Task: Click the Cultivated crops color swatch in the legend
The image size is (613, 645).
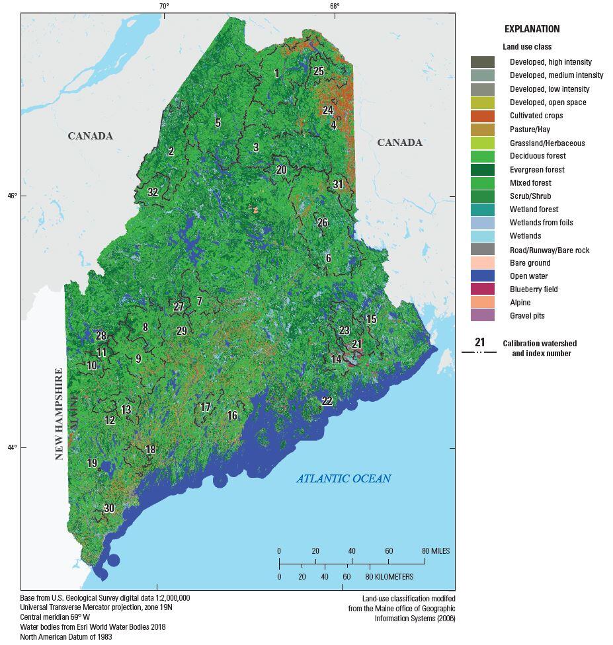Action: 482,116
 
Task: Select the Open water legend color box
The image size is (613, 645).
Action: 482,276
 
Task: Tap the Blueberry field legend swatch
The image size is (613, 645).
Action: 482,289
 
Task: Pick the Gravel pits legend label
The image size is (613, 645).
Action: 527,316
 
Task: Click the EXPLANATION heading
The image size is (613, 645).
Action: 532,29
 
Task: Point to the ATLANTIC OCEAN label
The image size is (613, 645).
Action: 343,478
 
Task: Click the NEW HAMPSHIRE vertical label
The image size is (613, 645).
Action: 59,414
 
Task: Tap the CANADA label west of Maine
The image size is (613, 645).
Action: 90,136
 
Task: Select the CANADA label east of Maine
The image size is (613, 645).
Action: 399,143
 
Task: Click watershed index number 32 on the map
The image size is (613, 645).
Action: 153,192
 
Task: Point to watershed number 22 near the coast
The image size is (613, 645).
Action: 327,401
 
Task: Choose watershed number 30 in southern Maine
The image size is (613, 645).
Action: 109,508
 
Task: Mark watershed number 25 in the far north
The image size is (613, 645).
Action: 319,71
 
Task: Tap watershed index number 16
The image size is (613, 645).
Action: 232,416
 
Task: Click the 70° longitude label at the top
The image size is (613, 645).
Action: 163,7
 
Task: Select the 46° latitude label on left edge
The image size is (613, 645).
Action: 11,196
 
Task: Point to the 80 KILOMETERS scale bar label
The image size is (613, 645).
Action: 389,577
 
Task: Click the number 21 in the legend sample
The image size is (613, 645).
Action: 479,342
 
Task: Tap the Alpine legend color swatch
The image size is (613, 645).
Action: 482,303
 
